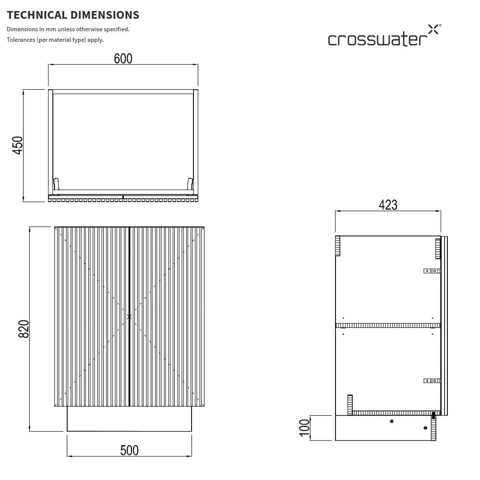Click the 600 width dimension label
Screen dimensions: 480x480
coord(123,59)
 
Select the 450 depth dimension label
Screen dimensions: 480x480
coord(17,145)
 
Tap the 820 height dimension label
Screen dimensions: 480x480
coord(24,329)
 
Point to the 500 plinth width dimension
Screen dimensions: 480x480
coord(129,450)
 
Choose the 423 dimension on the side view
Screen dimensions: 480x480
coord(388,205)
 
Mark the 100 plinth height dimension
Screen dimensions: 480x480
coord(304,428)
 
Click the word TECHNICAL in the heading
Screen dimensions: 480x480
coord(37,15)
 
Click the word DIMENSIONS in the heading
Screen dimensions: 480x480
coord(105,15)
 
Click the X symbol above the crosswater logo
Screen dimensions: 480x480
coord(433,29)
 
